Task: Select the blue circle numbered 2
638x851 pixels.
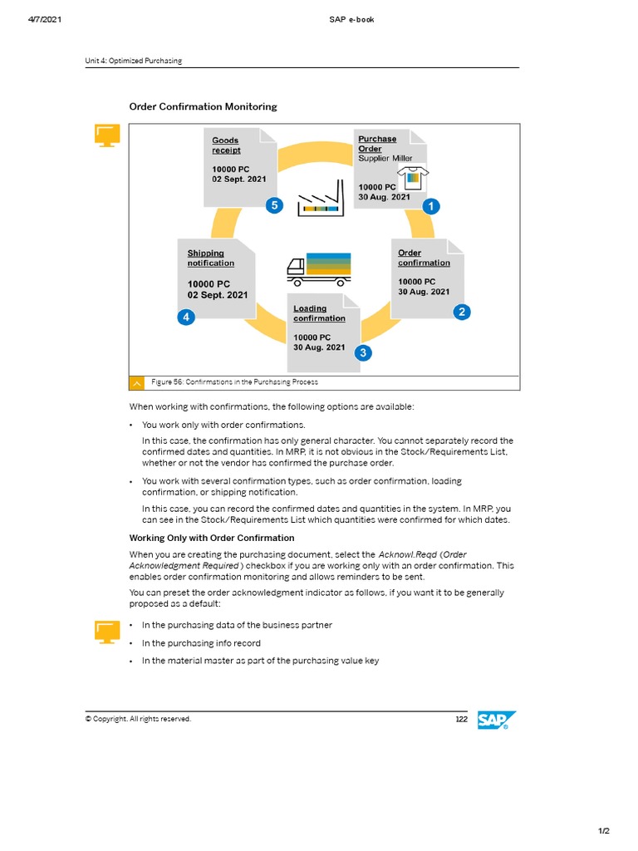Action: click(x=462, y=312)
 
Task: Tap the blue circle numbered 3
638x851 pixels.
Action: click(x=362, y=353)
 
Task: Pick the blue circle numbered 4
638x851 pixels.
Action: click(x=187, y=317)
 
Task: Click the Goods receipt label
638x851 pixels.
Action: click(x=225, y=145)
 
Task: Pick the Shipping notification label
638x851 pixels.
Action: click(x=210, y=258)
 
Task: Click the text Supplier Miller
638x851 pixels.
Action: click(x=385, y=158)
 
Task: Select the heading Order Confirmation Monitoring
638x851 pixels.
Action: click(x=203, y=106)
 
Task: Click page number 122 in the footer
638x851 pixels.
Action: click(x=461, y=719)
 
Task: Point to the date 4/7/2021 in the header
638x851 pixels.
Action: click(x=38, y=19)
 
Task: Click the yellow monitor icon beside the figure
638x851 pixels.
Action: click(x=107, y=136)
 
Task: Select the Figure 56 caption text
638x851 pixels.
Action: click(x=234, y=382)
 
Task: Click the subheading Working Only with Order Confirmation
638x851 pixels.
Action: click(x=211, y=538)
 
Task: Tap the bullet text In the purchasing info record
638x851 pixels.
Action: click(x=201, y=643)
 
